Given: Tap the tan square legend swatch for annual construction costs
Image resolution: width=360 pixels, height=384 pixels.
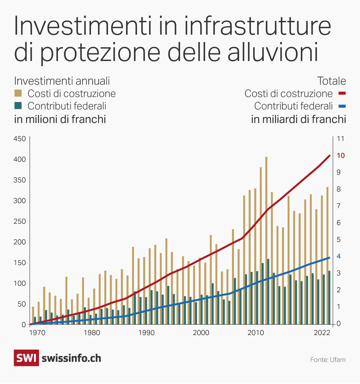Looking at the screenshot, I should pos(18,93).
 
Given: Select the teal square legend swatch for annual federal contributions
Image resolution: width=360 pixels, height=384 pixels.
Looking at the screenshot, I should pos(18,106).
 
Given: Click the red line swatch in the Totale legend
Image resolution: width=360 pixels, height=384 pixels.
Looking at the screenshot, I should pos(342,94).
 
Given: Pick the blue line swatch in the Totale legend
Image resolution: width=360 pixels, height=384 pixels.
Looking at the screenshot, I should pos(342,106).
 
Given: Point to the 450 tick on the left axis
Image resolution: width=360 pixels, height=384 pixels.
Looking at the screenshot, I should pos(19,139).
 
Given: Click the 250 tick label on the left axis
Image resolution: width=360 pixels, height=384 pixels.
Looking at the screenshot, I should pos(19,221).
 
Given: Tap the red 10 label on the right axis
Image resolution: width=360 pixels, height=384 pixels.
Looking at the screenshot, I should pos(341,156).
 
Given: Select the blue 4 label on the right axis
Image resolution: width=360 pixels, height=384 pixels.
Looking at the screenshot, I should pos(339,256).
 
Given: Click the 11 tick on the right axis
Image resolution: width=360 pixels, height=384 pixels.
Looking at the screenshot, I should pos(340,139).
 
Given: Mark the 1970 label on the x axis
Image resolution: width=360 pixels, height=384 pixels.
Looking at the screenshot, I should pos(37,333).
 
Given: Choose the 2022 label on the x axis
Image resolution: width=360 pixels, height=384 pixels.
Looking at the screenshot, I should pos(322,333).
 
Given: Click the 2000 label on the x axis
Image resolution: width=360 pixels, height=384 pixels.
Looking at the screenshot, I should pos(201,333).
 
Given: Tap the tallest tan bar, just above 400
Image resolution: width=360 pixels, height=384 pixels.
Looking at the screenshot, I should pos(266,158).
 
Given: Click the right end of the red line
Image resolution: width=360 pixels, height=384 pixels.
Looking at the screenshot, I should pos(329,156).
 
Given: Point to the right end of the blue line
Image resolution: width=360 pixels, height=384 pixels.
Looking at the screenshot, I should pos(329,258).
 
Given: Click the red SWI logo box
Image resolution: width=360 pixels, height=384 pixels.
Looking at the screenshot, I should pos(26,358).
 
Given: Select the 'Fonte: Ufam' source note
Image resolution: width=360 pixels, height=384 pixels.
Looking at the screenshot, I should pos(328,360).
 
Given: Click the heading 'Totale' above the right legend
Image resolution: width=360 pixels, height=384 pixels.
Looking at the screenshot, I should pos(331,81).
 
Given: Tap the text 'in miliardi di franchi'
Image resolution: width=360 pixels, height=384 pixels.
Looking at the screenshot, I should pos(298,119).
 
